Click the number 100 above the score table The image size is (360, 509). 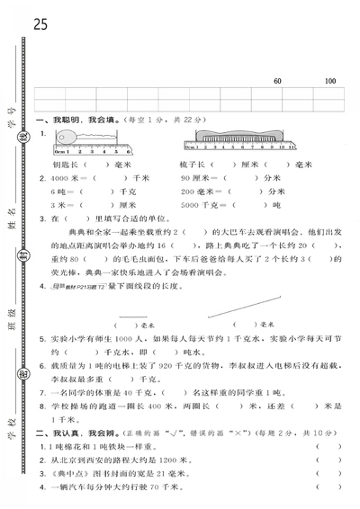click(x=330, y=82)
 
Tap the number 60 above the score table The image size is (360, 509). click(x=276, y=82)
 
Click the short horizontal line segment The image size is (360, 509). click(x=131, y=315)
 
